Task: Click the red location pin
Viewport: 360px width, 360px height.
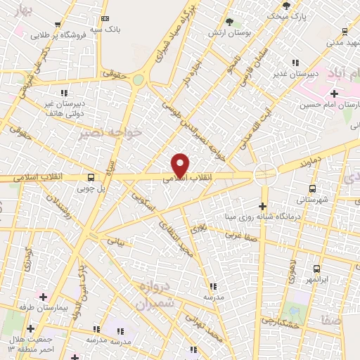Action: [x=181, y=165]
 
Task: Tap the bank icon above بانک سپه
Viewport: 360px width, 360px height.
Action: [x=105, y=18]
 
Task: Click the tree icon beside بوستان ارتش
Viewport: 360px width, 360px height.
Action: [x=229, y=22]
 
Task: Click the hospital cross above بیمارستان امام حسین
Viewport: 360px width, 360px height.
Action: [x=333, y=93]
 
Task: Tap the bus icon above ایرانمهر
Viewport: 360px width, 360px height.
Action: [x=316, y=269]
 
